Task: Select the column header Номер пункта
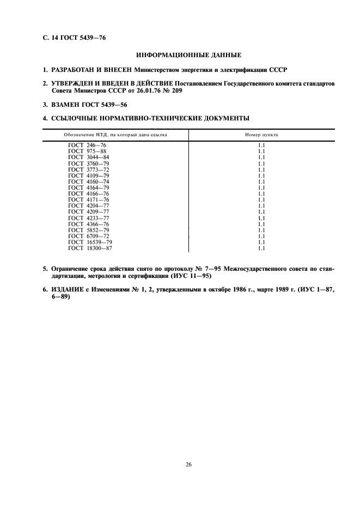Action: pyautogui.click(x=261, y=134)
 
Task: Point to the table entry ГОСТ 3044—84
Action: pyautogui.click(x=88, y=157)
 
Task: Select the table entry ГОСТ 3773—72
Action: pyautogui.click(x=88, y=169)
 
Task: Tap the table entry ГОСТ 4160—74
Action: pyautogui.click(x=88, y=182)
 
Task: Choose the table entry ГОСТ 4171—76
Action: pyautogui.click(x=88, y=199)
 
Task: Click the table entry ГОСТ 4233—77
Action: pyautogui.click(x=88, y=217)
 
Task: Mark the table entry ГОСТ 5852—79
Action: pyautogui.click(x=88, y=229)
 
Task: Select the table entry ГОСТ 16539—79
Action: pyautogui.click(x=90, y=242)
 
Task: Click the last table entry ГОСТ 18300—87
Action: pyautogui.click(x=90, y=248)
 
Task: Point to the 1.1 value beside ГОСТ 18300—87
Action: pyautogui.click(x=261, y=248)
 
